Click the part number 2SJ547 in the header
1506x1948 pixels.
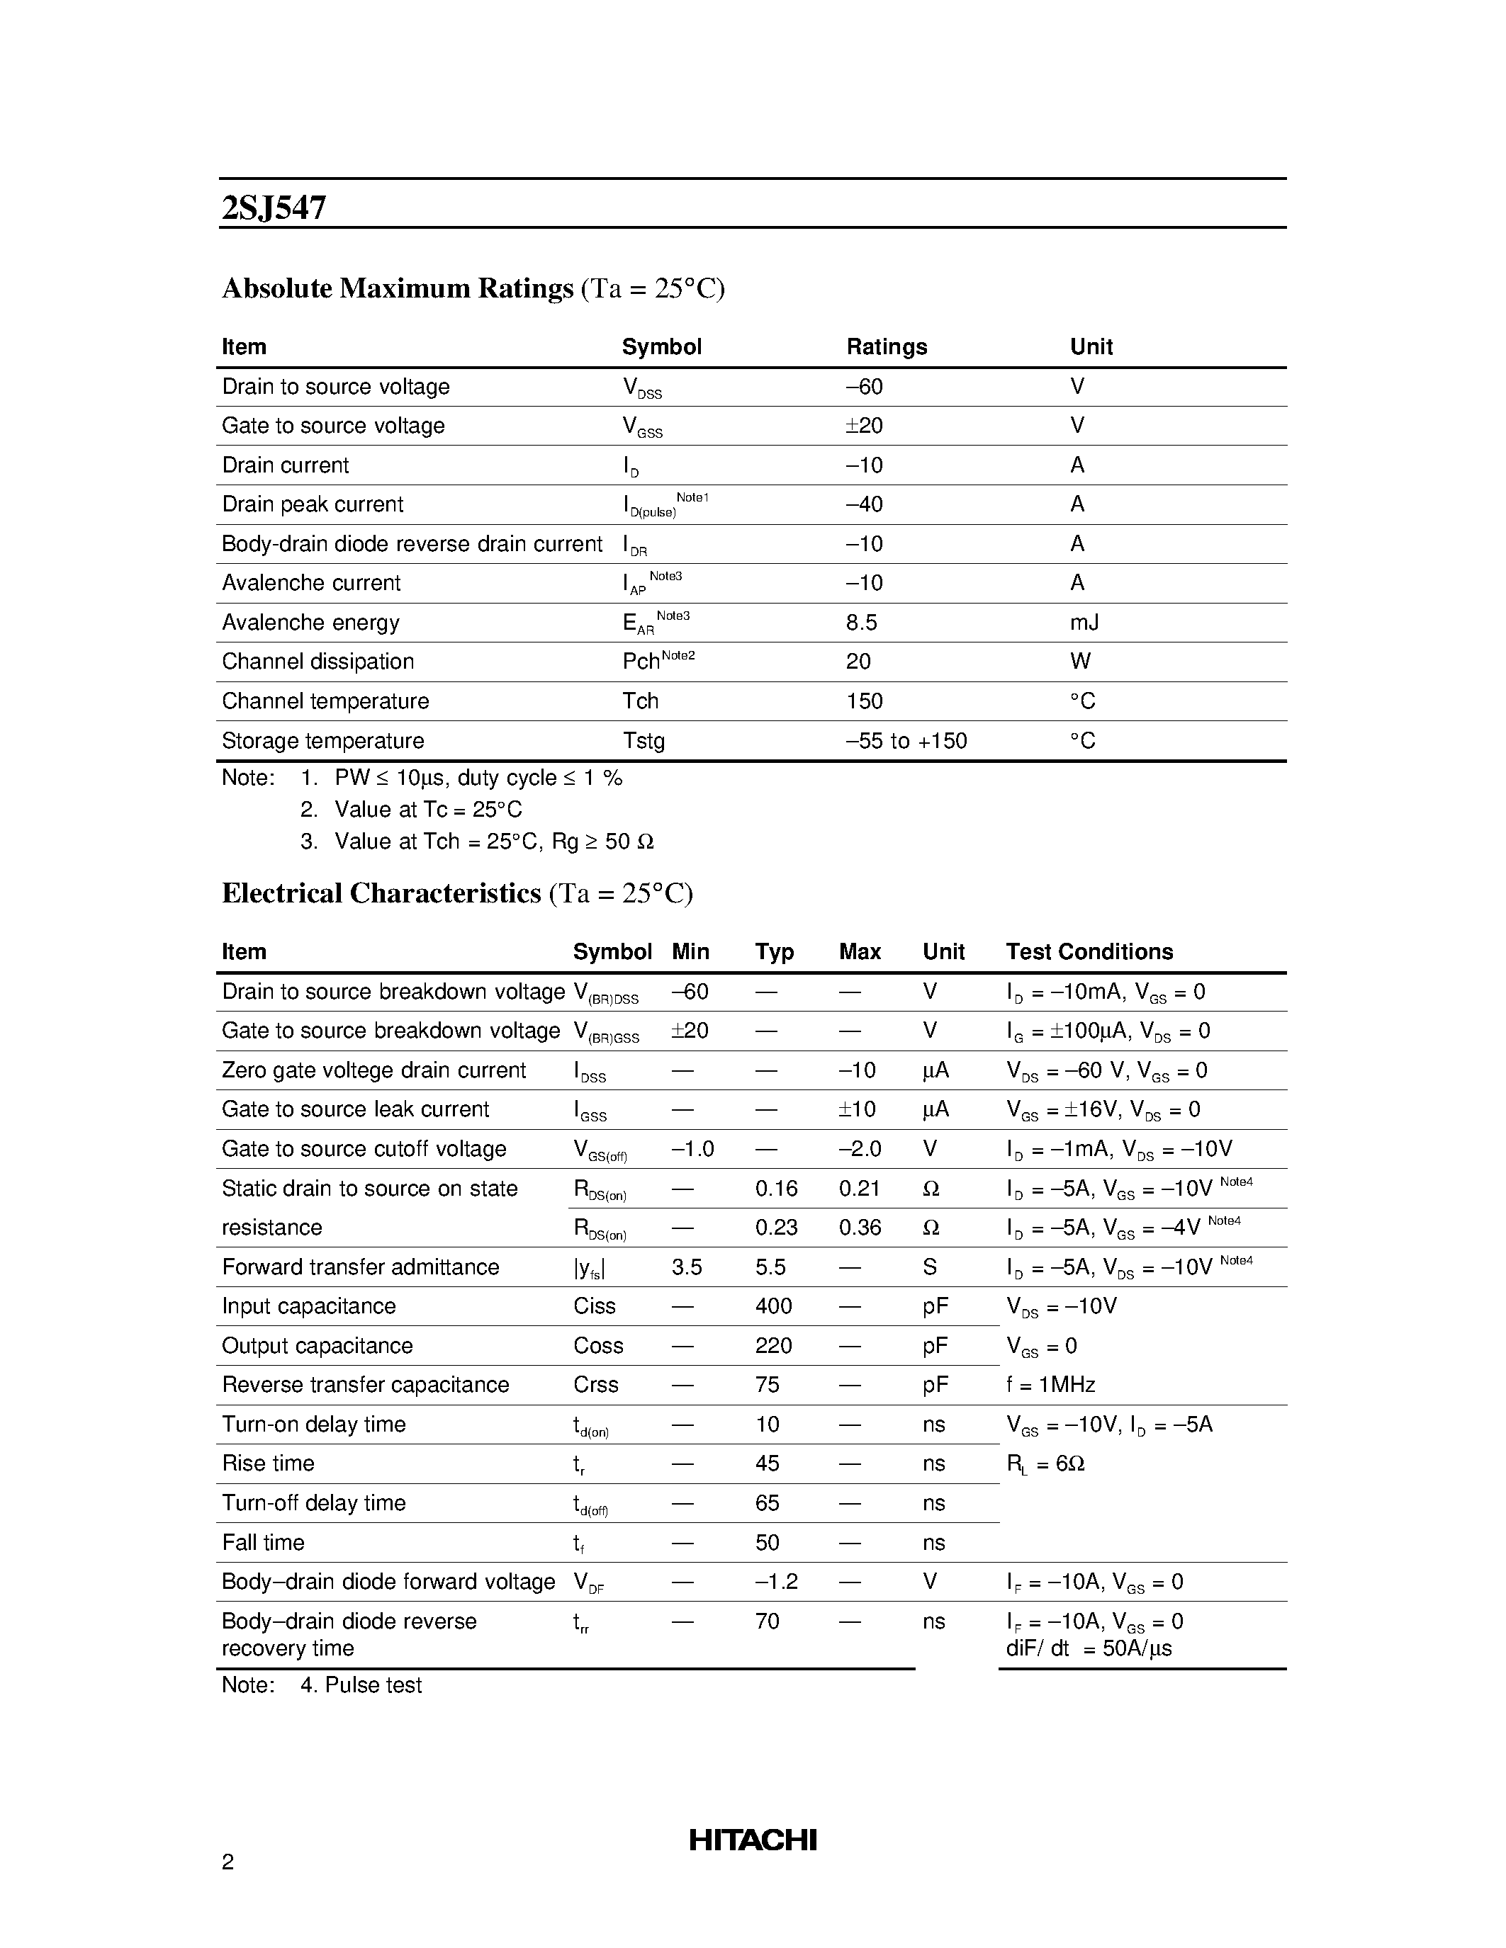(274, 208)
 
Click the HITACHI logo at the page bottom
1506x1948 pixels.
(752, 1839)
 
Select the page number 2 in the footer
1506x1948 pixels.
(227, 1862)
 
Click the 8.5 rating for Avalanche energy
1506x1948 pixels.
(861, 623)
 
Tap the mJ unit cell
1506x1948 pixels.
(1084, 623)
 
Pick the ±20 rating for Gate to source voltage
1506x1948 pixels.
(864, 426)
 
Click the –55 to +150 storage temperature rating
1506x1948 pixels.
(906, 740)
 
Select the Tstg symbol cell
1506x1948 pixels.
(644, 740)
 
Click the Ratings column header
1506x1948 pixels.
(886, 347)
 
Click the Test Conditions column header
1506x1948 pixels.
(1089, 952)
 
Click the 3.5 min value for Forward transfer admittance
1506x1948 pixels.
(686, 1267)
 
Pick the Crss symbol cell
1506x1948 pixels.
(595, 1384)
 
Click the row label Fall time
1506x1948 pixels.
(263, 1542)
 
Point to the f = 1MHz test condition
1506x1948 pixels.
(1050, 1384)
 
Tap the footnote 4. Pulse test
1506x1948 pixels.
(361, 1685)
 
